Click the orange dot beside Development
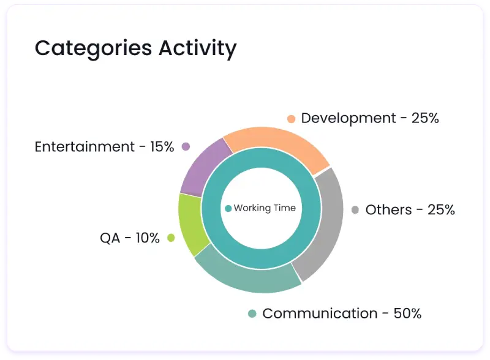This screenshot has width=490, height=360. [291, 119]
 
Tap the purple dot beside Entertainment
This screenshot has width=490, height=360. [186, 147]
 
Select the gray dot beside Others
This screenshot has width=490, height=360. [355, 210]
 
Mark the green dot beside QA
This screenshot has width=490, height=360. [171, 238]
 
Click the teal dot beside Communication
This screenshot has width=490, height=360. [252, 314]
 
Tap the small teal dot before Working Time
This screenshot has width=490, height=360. [228, 208]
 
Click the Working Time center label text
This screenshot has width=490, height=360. [265, 208]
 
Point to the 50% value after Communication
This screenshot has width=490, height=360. [408, 313]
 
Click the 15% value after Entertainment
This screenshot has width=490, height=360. [162, 147]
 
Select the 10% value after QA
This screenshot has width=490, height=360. [148, 238]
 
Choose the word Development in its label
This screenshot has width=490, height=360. [349, 118]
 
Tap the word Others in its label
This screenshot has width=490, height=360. [388, 210]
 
